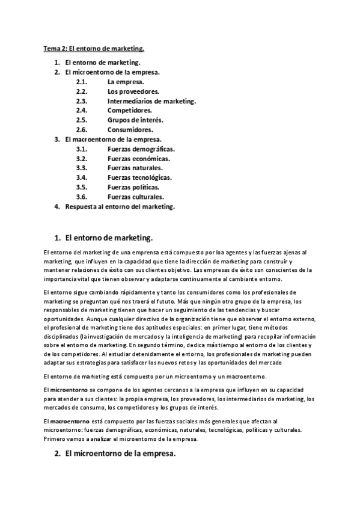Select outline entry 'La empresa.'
(126, 82)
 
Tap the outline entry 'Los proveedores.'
(133, 91)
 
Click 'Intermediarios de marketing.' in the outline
(151, 101)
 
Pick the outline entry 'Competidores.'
(130, 111)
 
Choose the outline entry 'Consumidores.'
(130, 130)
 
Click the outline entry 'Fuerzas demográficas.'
(141, 149)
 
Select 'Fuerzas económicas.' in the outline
(139, 159)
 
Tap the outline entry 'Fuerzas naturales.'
(135, 168)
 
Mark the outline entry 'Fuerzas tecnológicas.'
(140, 178)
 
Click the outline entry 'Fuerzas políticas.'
(133, 188)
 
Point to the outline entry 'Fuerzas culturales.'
(136, 197)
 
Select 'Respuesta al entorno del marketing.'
(120, 207)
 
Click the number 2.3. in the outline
(82, 101)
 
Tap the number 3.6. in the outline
(82, 197)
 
